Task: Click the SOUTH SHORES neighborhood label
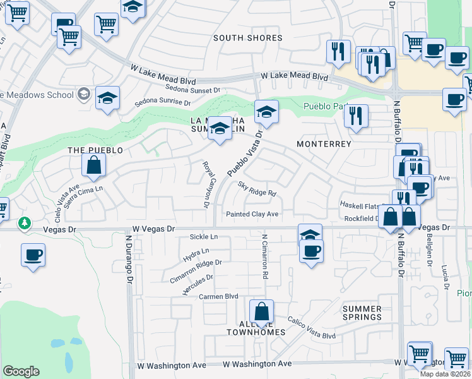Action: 247,38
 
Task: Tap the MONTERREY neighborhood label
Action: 324,144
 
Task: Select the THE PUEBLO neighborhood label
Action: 95,150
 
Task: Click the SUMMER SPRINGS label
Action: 362,313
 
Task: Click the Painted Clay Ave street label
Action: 252,215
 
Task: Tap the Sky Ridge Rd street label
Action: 257,189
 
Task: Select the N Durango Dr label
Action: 129,259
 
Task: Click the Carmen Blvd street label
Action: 218,296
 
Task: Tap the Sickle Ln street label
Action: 203,237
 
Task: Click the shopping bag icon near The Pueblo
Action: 93,165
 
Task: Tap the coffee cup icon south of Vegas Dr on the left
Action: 33,255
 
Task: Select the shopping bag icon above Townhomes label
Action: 261,311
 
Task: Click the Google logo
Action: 21,371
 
